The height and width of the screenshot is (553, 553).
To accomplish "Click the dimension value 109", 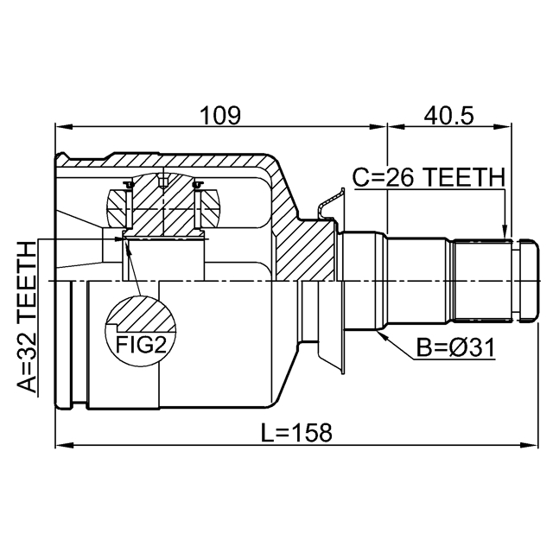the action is click(220, 115).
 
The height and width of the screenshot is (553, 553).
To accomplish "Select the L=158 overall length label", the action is click(296, 432).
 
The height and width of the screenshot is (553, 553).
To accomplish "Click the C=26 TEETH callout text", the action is click(429, 177).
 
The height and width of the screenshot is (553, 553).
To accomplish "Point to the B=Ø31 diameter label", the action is click(455, 347).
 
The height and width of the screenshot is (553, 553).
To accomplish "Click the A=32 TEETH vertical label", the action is click(27, 317).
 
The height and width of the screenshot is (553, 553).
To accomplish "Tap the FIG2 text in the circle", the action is click(141, 345).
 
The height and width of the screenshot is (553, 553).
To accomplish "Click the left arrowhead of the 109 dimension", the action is click(64, 127).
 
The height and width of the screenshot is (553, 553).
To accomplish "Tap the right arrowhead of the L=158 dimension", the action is click(530, 446).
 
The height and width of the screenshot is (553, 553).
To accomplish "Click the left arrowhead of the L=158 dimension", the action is click(64, 446).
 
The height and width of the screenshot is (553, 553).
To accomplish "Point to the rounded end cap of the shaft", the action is click(528, 280).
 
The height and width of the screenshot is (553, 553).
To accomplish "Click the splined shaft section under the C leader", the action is click(482, 280).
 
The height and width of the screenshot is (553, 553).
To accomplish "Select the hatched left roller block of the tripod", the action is click(117, 208).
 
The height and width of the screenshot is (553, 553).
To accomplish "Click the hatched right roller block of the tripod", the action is click(209, 208).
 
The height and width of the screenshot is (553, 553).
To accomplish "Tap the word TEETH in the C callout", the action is click(464, 177).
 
